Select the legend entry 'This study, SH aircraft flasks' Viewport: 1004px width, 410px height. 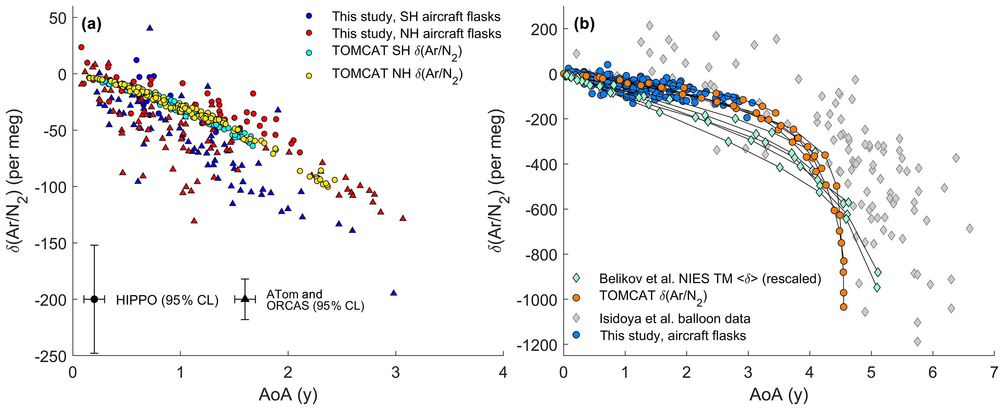(x=416, y=16)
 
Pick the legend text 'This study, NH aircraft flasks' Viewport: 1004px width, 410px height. (x=416, y=33)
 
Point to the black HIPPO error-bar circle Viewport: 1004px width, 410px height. (x=94, y=299)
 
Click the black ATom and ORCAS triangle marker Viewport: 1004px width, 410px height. (x=245, y=299)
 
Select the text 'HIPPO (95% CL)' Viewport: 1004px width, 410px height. (x=167, y=300)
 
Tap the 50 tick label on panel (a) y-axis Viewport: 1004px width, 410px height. (x=58, y=18)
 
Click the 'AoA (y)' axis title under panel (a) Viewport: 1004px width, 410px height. (x=288, y=395)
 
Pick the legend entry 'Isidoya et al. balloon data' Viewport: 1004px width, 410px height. (x=674, y=319)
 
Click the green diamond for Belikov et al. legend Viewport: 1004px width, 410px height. (x=576, y=278)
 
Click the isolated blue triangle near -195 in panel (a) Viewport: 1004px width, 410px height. (x=394, y=293)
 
